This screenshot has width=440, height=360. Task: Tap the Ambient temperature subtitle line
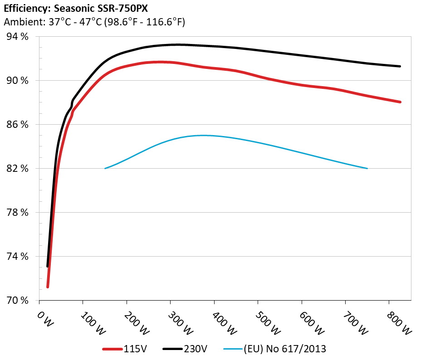(94, 22)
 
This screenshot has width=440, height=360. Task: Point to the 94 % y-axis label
(17, 37)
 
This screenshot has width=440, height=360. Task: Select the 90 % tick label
(17, 81)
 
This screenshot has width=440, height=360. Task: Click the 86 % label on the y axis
(17, 125)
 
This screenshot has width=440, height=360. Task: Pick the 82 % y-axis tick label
(17, 169)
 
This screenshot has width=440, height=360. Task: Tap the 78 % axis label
(17, 213)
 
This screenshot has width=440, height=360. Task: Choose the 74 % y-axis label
(17, 257)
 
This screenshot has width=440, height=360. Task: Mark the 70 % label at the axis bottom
(17, 301)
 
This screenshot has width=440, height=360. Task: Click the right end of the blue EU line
(367, 169)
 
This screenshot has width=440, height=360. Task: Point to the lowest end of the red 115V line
(48, 287)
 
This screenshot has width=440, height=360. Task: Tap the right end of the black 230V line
(400, 66)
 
